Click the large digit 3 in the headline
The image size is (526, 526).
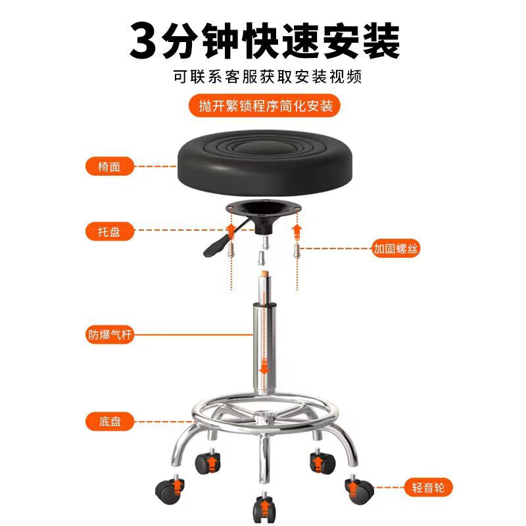tap(145, 41)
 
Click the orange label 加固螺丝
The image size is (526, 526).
tap(396, 249)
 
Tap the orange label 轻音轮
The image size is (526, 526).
tap(428, 487)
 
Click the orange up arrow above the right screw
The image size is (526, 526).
tap(297, 230)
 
